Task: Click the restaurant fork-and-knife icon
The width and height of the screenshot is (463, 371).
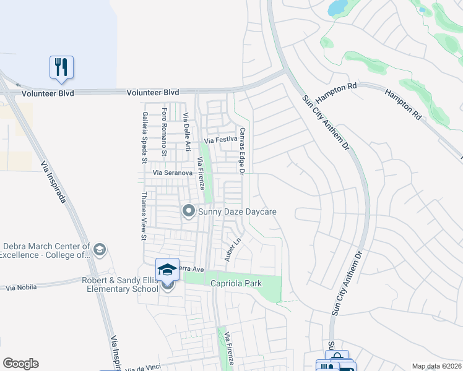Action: pos(61,67)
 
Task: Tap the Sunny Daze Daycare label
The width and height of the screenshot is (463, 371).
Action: pos(237,212)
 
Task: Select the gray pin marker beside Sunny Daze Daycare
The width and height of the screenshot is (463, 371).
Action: pos(189,212)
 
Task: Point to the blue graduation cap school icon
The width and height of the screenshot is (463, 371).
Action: pos(167,269)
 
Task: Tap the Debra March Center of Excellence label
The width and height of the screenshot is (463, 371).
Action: pos(45,250)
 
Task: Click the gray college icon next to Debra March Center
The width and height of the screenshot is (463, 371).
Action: pos(100,250)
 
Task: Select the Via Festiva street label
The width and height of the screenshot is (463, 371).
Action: pos(220,140)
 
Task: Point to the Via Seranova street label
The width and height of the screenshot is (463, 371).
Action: pos(173,173)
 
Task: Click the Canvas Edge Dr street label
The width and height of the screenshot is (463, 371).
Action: pos(243,150)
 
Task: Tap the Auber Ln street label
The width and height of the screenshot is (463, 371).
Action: pos(231,249)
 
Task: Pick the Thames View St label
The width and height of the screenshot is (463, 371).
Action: pos(142,215)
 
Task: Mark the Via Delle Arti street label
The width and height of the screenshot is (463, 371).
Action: pos(186,132)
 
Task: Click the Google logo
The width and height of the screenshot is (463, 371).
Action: pos(20,364)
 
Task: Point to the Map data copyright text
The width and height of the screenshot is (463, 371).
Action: pos(436,366)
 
